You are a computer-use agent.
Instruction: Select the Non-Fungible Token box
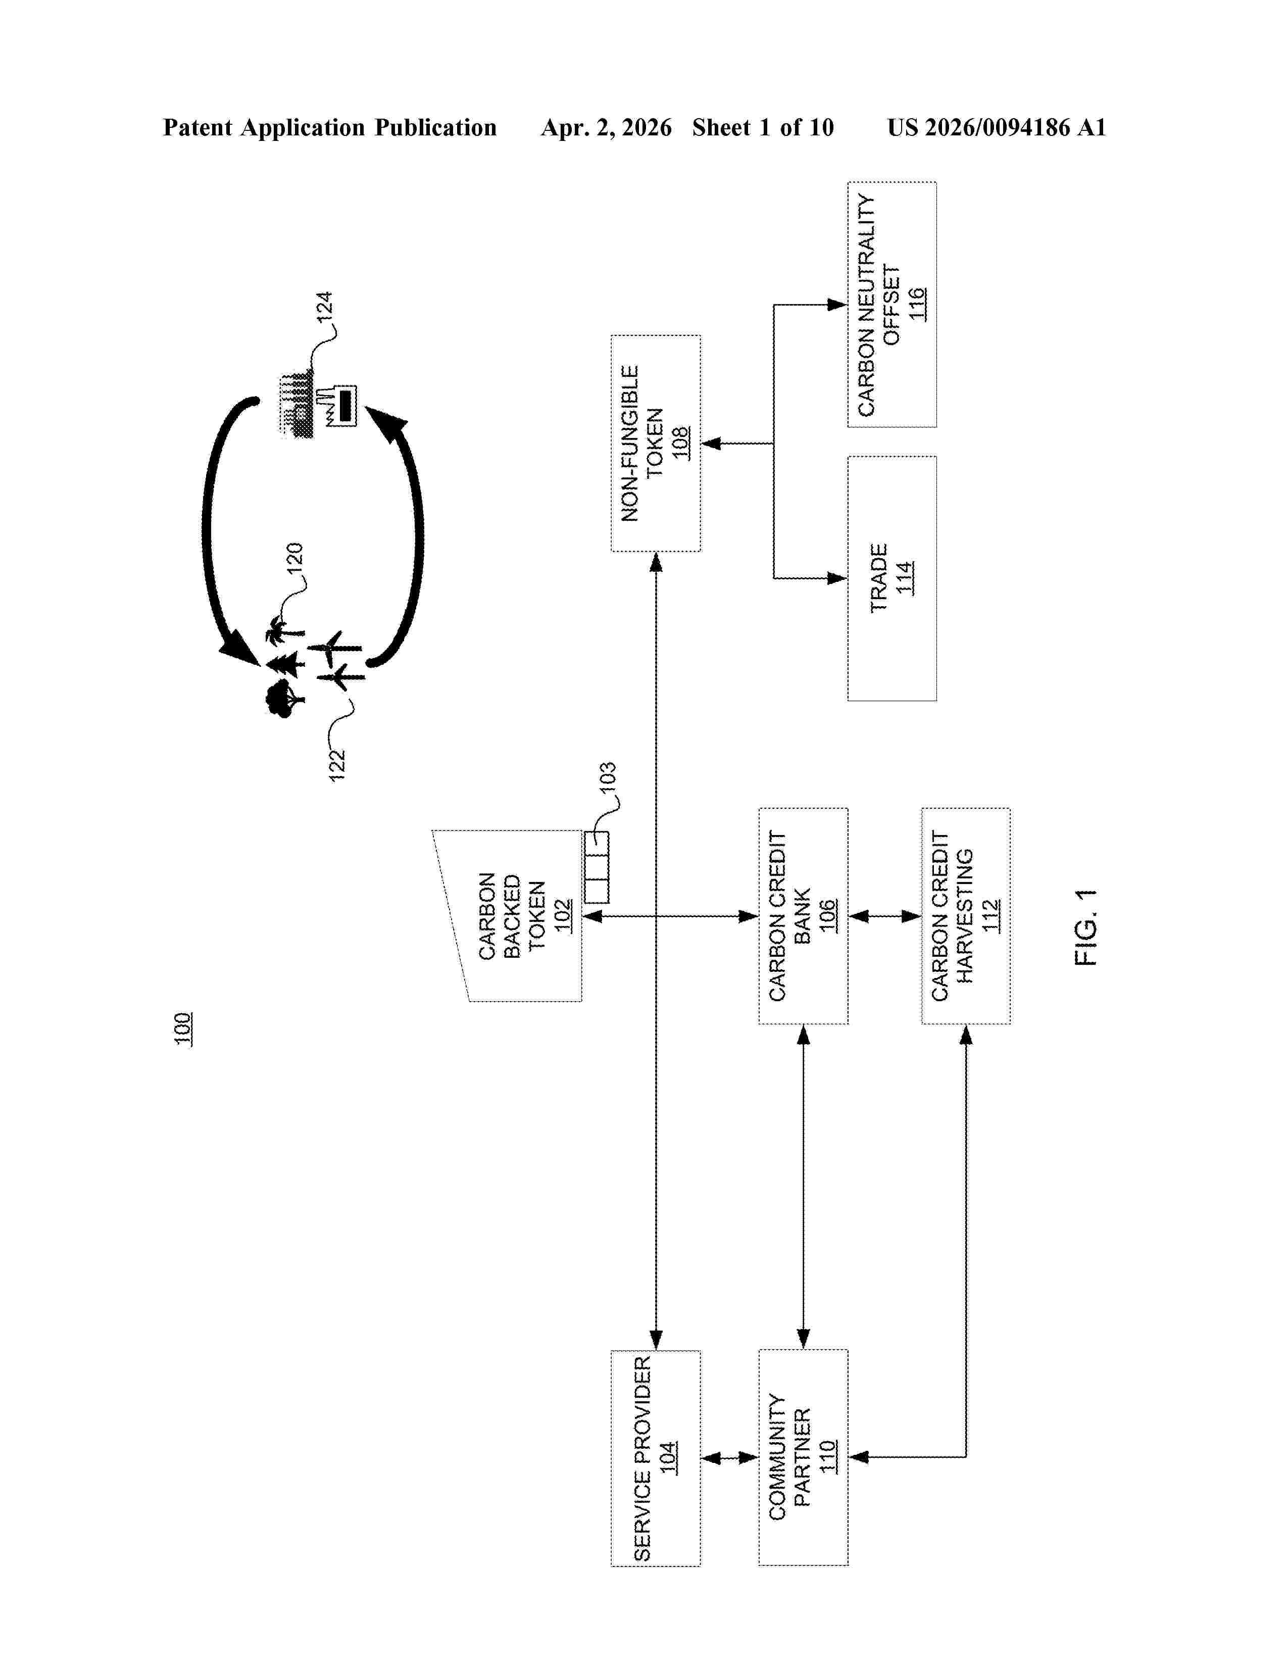click(x=656, y=443)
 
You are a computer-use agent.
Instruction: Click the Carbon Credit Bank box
click(x=803, y=916)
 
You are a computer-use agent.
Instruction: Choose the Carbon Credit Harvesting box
click(x=966, y=916)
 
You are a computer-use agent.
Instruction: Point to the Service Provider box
click(x=656, y=1459)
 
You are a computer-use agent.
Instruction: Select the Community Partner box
click(x=803, y=1459)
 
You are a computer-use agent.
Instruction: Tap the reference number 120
click(x=294, y=558)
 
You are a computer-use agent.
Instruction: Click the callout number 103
click(x=607, y=778)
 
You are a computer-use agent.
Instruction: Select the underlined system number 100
click(x=183, y=1029)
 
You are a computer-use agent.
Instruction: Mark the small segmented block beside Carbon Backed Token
click(x=597, y=867)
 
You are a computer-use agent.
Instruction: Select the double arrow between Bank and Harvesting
click(x=885, y=916)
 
